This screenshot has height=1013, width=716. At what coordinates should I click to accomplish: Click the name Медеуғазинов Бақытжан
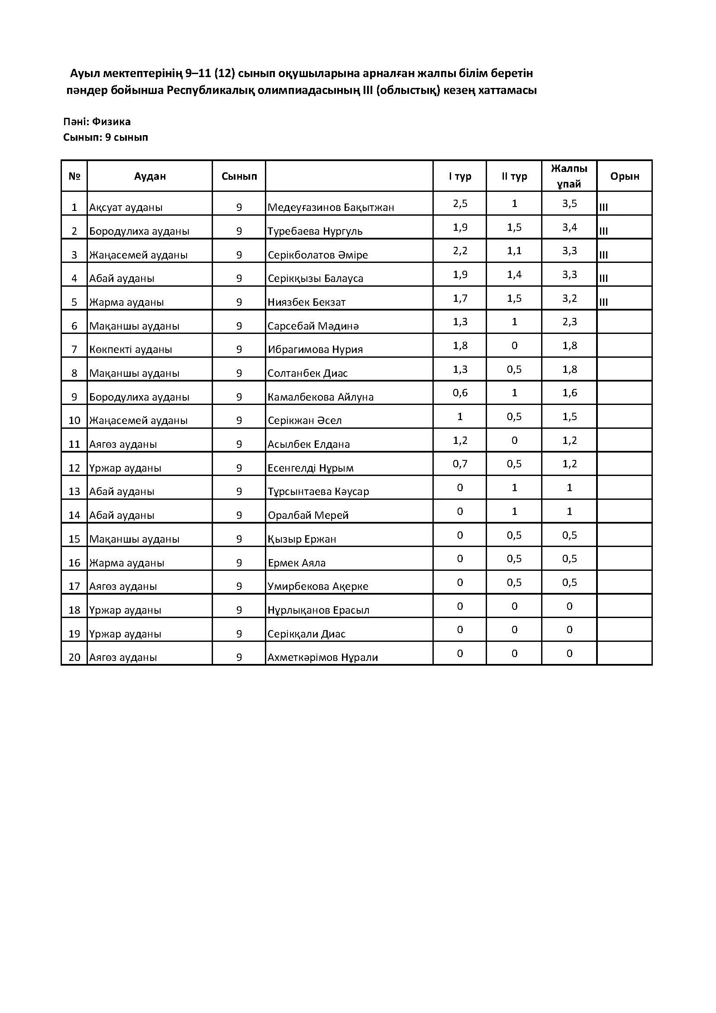[331, 207]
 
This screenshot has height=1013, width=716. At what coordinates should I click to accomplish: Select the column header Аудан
[150, 176]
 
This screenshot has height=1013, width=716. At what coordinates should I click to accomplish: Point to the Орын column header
[624, 176]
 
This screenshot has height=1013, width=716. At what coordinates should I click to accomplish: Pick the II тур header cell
[514, 176]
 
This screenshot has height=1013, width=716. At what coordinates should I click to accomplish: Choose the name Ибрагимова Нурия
[315, 350]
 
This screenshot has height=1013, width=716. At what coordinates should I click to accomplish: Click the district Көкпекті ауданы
[130, 350]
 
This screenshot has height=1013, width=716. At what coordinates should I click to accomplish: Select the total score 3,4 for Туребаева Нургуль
[569, 228]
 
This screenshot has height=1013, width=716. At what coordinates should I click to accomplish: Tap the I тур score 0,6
[460, 393]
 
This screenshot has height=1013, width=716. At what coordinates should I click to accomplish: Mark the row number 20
[74, 657]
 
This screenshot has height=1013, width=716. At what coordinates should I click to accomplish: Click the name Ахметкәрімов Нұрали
[323, 657]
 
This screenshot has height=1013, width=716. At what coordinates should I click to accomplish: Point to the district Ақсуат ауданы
[126, 207]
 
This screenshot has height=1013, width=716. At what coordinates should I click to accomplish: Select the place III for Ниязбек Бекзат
[603, 302]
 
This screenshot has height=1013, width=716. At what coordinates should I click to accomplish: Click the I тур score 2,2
[460, 251]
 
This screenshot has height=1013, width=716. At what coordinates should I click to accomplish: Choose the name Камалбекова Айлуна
[320, 397]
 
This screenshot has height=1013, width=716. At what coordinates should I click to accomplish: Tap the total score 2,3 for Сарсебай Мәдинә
[569, 322]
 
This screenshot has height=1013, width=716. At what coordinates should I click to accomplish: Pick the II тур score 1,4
[514, 275]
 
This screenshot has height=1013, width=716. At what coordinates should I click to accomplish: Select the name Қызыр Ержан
[302, 539]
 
